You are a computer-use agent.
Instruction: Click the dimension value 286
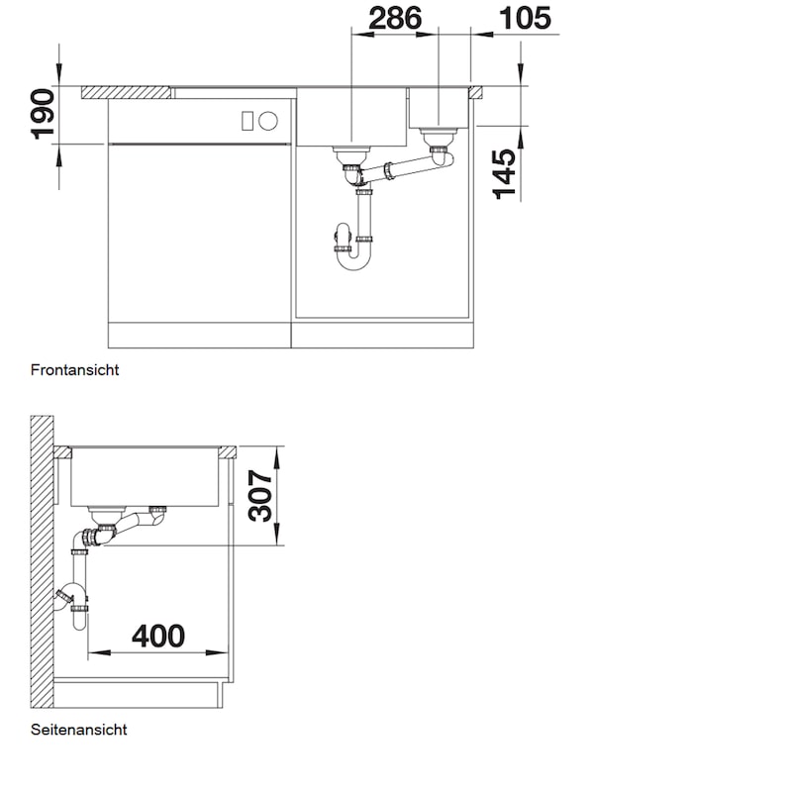[x=395, y=19]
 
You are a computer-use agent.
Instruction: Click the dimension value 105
[x=525, y=19]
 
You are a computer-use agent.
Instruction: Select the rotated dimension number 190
[x=43, y=114]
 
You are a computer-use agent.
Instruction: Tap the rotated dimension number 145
[x=504, y=174]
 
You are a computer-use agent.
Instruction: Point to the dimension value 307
[x=260, y=496]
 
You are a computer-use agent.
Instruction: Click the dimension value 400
[x=158, y=636]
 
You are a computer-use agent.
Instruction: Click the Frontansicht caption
[x=75, y=370]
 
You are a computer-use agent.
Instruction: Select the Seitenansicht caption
[x=79, y=730]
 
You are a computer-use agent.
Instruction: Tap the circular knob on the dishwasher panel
[x=268, y=121]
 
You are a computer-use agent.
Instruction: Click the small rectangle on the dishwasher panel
[x=247, y=121]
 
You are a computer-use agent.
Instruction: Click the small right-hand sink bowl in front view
[x=439, y=108]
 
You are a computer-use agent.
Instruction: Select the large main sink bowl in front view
[x=351, y=117]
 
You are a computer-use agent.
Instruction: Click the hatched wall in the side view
[x=42, y=561]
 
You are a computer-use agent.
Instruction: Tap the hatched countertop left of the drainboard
[x=126, y=92]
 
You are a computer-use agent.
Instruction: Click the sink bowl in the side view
[x=145, y=477]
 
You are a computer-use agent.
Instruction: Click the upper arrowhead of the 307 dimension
[x=276, y=456]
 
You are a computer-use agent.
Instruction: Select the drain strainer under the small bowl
[x=439, y=136]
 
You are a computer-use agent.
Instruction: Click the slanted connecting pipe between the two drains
[x=399, y=168]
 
